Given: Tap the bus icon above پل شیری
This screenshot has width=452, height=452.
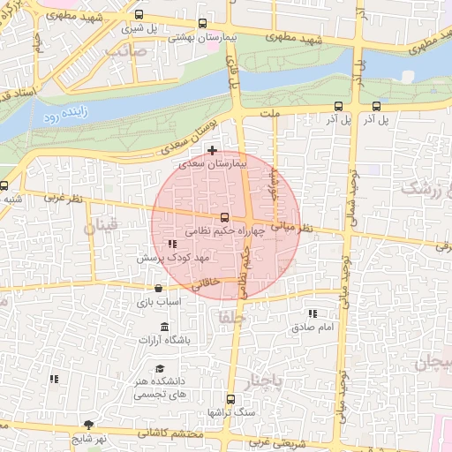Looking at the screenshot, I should coord(139,15).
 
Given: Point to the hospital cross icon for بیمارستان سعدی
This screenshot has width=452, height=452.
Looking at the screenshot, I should coord(212,151).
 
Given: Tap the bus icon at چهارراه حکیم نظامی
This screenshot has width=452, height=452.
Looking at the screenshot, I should coord(224,217).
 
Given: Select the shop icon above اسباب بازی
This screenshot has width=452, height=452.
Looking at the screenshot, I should coord(158,288).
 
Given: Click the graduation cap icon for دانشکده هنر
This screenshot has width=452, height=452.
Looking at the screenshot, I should coord(160,369).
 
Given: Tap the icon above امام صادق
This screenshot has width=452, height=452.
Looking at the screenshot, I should coord(313,313).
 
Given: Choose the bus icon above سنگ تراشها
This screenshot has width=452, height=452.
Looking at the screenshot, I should coord(230,398).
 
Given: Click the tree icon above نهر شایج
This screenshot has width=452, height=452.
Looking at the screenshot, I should coord(87,425).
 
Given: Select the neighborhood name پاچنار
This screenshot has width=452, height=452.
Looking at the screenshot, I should coord(266,380).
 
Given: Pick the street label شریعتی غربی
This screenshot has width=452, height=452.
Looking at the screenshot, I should coord(271,441).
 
